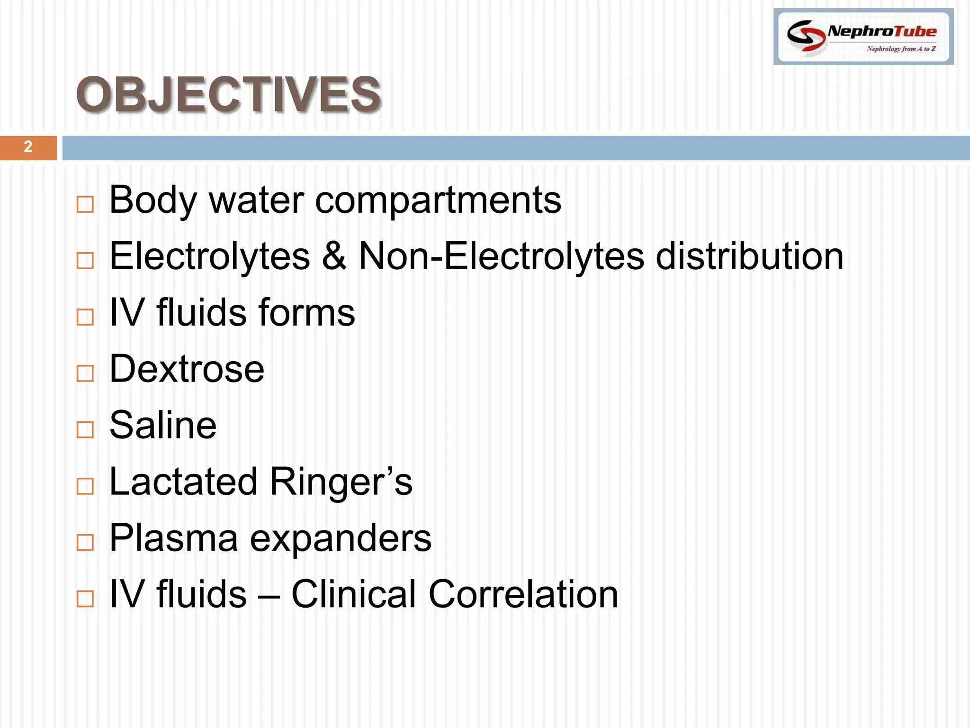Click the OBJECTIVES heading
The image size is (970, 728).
(228, 94)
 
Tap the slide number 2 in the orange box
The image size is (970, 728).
(28, 147)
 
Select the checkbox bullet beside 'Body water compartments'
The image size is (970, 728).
(85, 205)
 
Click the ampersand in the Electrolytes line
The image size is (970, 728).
(334, 256)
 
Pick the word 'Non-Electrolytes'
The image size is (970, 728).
(502, 256)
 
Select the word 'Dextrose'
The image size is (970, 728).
(187, 369)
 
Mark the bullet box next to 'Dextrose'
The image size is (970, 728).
(85, 373)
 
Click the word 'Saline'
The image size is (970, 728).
(163, 426)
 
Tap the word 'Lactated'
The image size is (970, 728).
(184, 482)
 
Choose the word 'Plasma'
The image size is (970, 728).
(173, 538)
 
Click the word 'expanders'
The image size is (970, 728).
(341, 539)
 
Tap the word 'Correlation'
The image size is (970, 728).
(523, 594)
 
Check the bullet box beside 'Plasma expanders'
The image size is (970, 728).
(85, 543)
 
